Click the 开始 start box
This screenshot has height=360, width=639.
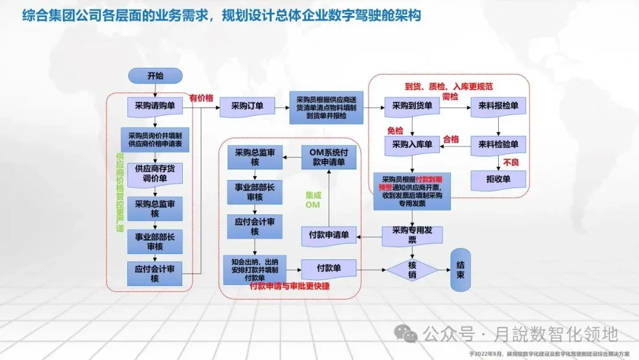tap(155, 76)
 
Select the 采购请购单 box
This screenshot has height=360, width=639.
tap(155, 106)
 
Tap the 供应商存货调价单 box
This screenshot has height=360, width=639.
tap(155, 173)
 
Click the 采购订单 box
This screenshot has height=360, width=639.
tap(247, 107)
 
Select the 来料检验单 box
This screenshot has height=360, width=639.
tap(498, 144)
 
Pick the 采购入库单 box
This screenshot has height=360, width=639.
tap(412, 144)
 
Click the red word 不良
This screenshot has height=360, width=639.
tap(511, 162)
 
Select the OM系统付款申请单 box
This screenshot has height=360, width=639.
tap(328, 156)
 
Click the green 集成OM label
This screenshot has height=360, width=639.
tap(312, 200)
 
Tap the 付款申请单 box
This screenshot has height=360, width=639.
tap(328, 235)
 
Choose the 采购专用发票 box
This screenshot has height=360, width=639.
tap(412, 235)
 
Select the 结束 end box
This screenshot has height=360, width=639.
tap(461, 269)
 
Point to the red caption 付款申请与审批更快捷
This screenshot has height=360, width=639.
tap(290, 286)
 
